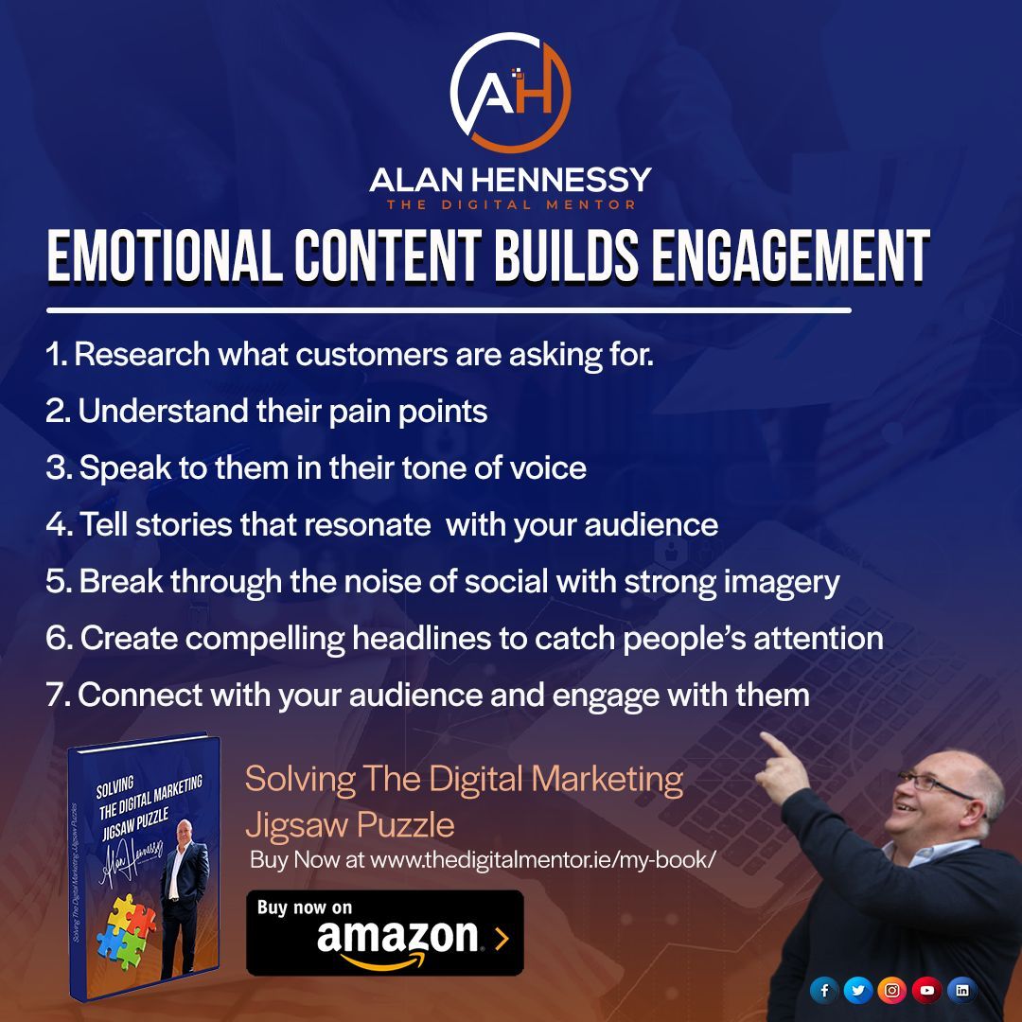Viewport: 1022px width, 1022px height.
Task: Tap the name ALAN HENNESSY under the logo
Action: [x=510, y=180]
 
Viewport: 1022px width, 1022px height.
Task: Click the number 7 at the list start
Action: [x=54, y=696]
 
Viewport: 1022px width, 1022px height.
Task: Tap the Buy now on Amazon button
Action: [x=384, y=932]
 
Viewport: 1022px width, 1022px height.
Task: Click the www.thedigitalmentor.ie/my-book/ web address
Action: [x=542, y=861]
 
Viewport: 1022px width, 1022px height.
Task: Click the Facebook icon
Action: [x=824, y=990]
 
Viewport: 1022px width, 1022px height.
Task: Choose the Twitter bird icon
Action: [x=858, y=990]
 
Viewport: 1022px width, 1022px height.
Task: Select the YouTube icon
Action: [x=926, y=990]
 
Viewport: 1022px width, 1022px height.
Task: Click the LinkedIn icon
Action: [x=961, y=990]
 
